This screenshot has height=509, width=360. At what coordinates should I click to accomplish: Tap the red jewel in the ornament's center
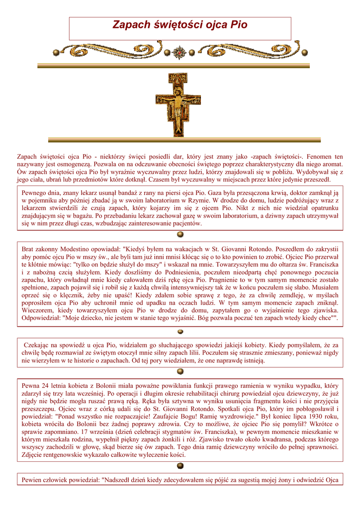pos(180,52)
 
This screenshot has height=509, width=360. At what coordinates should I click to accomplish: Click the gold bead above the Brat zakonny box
pos(180,235)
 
